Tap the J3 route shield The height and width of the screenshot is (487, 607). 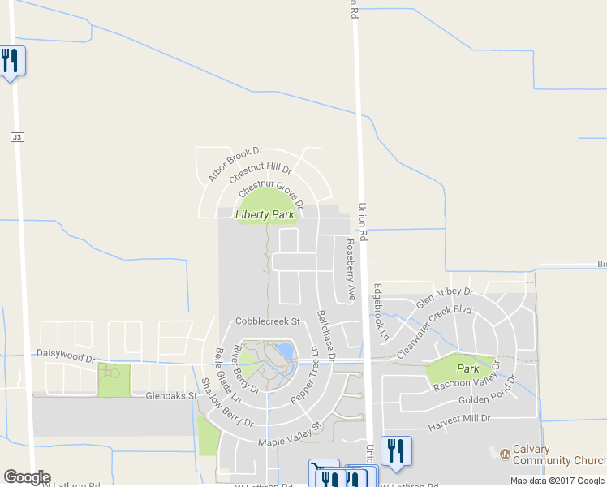click(x=17, y=137)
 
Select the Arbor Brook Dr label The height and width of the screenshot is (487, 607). click(x=235, y=164)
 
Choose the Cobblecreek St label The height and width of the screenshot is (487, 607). click(x=268, y=321)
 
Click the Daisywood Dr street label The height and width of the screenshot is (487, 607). click(x=66, y=355)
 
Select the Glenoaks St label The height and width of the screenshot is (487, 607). click(x=171, y=396)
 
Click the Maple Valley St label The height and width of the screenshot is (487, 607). click(x=290, y=435)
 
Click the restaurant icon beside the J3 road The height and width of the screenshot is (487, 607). click(x=11, y=61)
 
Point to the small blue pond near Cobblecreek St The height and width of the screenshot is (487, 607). click(x=284, y=351)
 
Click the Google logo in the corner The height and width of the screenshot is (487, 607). click(x=27, y=477)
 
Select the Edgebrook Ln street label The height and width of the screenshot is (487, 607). click(x=381, y=311)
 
